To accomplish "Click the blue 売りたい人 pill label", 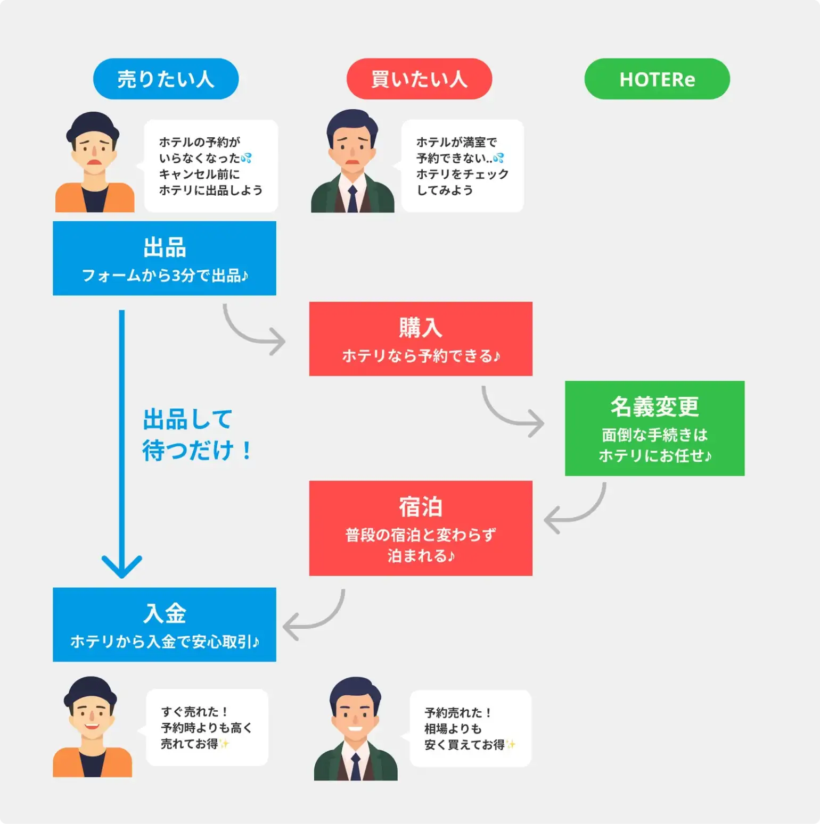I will tap(166, 79).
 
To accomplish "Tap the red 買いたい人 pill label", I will tap(419, 79).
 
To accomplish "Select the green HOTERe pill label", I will tap(657, 79).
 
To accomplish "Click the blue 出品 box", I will tap(164, 258).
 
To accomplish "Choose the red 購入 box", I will tap(421, 339).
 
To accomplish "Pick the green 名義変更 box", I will tap(654, 428).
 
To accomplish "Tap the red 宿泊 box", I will tap(421, 528).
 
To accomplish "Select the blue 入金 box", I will tap(164, 625).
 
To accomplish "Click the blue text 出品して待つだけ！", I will tap(195, 435).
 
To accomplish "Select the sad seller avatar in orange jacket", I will tap(94, 162).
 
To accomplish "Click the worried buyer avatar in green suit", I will tap(352, 162).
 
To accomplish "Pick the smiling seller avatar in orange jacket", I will tap(92, 727).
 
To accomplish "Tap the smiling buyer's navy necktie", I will tap(356, 766).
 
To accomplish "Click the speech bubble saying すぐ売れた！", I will tap(207, 727).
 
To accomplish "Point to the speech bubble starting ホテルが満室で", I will tap(462, 166).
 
